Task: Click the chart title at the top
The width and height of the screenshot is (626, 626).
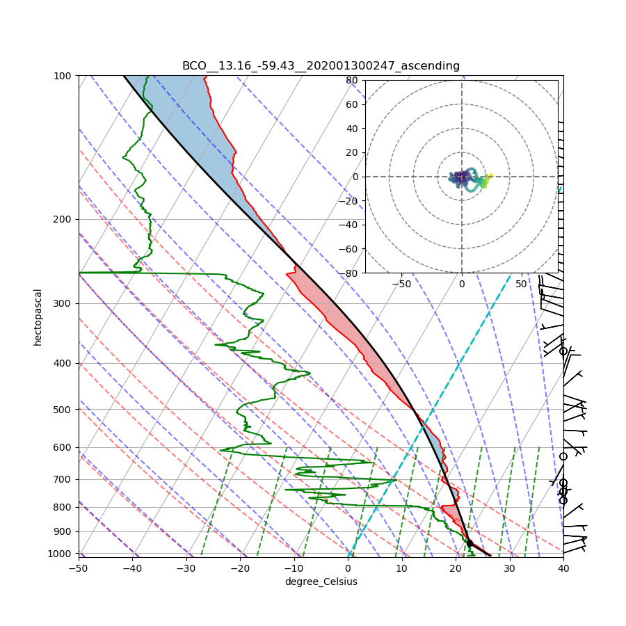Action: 321,66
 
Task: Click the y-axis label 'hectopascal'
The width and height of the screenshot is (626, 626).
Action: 38,317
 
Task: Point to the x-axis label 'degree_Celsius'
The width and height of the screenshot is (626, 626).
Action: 321,581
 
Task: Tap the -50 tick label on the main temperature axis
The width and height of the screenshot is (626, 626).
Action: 78,568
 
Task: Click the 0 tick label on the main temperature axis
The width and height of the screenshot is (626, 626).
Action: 348,568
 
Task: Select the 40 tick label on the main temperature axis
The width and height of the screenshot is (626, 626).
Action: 563,568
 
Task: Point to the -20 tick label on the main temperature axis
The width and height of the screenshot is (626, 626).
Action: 240,568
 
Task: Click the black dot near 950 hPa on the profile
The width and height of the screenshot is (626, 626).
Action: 469,543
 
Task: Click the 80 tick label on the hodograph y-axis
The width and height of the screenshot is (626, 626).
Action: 352,80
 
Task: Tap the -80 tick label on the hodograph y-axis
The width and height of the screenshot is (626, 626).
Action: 349,273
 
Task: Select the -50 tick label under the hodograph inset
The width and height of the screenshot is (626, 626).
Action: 401,284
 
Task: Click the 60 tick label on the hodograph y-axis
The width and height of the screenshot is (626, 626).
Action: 352,104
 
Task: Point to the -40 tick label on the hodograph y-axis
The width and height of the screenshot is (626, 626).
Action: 349,225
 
